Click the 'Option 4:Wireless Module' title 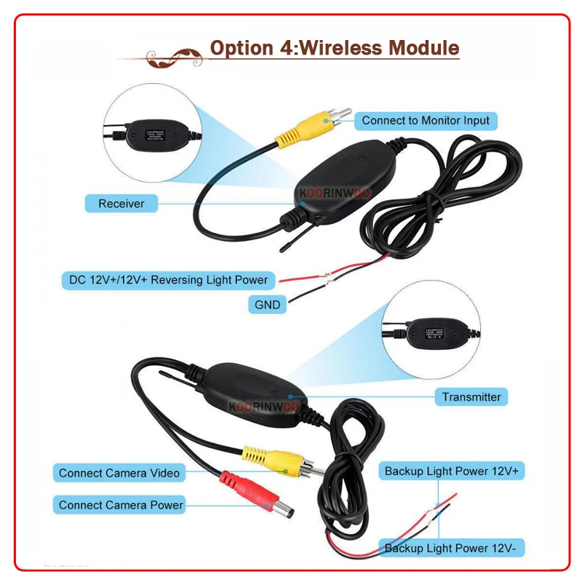click(x=335, y=48)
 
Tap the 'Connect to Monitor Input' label click(x=426, y=120)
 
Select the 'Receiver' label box click(x=121, y=204)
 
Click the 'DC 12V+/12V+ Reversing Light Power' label click(x=168, y=279)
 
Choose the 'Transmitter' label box click(x=471, y=396)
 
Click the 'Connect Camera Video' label click(x=119, y=473)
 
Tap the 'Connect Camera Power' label click(x=121, y=505)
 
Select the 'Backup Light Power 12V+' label click(x=452, y=471)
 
